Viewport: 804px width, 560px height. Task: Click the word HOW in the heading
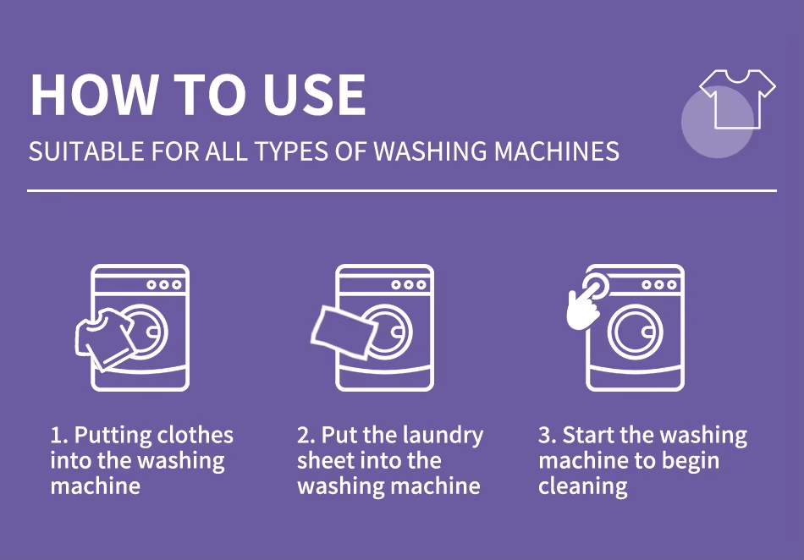click(x=93, y=95)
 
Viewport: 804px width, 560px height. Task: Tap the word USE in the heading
click(x=315, y=95)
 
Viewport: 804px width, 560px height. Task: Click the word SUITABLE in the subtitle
click(x=86, y=151)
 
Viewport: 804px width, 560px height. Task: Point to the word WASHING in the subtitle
click(x=430, y=151)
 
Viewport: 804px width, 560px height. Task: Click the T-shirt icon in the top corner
click(x=737, y=98)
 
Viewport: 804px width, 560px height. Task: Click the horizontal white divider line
click(x=402, y=190)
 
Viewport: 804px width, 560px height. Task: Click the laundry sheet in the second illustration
click(x=344, y=332)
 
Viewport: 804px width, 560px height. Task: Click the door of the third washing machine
click(x=635, y=332)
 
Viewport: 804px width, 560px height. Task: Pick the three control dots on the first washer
click(x=164, y=285)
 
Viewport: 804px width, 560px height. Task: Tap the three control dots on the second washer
click(x=409, y=285)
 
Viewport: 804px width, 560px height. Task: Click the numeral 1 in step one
click(x=56, y=436)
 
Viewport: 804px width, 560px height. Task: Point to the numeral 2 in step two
click(x=303, y=436)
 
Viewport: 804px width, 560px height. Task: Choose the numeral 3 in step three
click(x=544, y=436)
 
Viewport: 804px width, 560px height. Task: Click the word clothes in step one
click(x=195, y=435)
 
